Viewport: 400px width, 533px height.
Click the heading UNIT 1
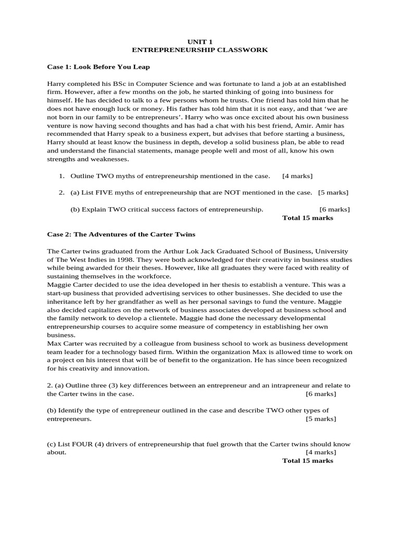(200, 41)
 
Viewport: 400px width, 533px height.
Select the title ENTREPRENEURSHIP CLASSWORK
(200, 50)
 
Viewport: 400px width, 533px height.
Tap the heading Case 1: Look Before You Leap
(98, 67)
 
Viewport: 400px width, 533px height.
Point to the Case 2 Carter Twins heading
(121, 234)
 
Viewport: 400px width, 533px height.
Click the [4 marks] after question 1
(297, 176)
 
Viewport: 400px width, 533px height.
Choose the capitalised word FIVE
(103, 193)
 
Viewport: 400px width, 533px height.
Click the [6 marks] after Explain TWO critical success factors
(334, 209)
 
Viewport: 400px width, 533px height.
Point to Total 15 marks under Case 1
(307, 218)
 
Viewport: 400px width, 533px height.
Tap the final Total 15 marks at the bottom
(307, 461)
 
